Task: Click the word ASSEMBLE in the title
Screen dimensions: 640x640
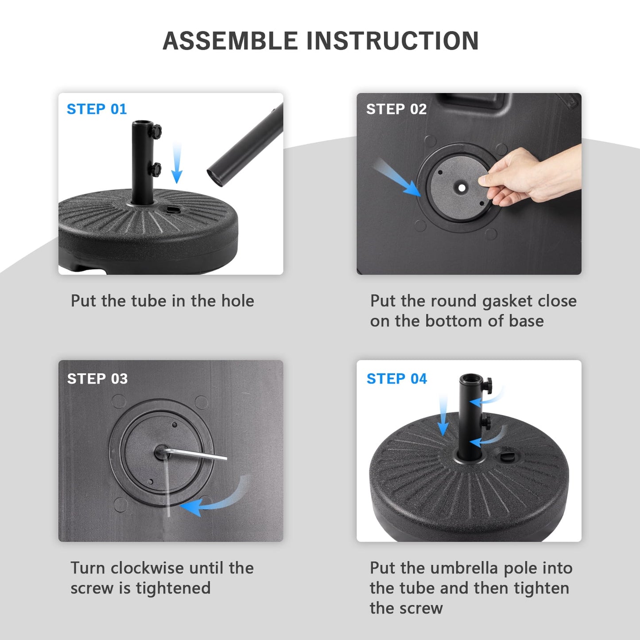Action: click(230, 41)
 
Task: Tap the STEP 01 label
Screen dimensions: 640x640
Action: click(97, 109)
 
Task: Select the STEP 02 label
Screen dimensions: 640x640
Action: click(396, 109)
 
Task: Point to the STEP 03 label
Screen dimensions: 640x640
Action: click(97, 379)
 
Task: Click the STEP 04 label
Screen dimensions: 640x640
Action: click(396, 379)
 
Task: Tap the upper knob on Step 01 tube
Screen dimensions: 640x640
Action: click(156, 132)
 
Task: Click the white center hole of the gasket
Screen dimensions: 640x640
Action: click(462, 188)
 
